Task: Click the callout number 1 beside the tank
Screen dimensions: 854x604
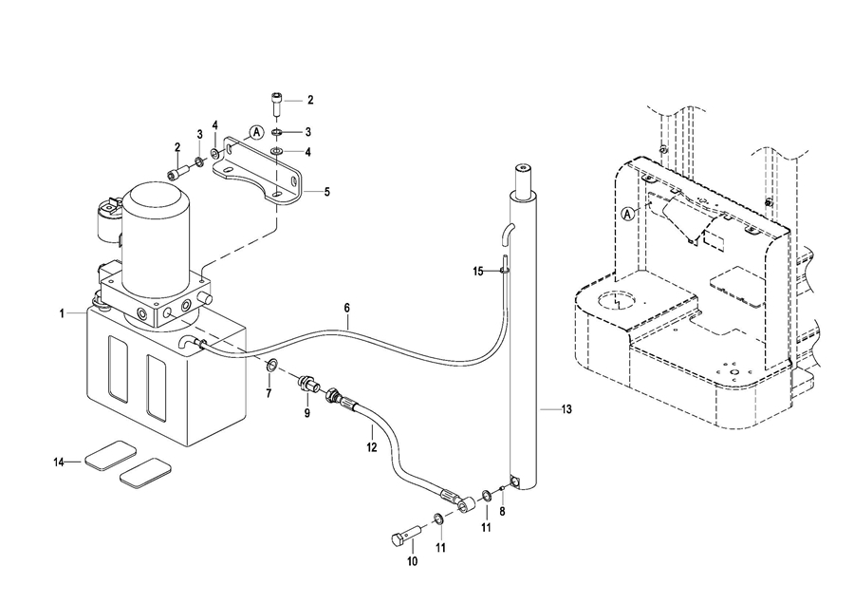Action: (62, 313)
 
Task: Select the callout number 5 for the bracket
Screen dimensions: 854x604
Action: (326, 192)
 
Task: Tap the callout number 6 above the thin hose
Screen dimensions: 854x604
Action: (347, 308)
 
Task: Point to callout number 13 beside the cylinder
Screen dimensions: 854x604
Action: (566, 409)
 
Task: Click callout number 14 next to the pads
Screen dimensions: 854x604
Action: (59, 462)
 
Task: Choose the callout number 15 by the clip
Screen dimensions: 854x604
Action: (478, 271)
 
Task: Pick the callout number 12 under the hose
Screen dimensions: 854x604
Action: (371, 447)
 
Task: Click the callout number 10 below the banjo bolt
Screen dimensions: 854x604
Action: (413, 561)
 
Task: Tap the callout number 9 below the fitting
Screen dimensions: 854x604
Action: (307, 413)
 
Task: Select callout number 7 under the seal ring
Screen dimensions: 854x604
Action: (269, 393)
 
